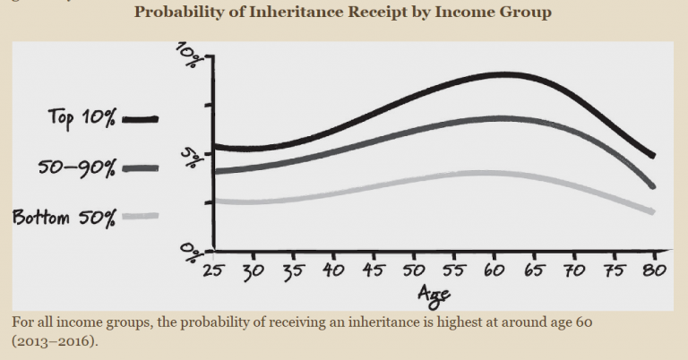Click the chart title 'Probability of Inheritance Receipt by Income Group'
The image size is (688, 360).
point(343,13)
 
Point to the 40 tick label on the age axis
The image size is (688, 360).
point(334,270)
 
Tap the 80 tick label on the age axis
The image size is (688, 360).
point(654,270)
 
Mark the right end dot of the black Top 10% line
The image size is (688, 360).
point(653,156)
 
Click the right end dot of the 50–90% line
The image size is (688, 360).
point(653,186)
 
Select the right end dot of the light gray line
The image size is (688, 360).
point(653,211)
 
